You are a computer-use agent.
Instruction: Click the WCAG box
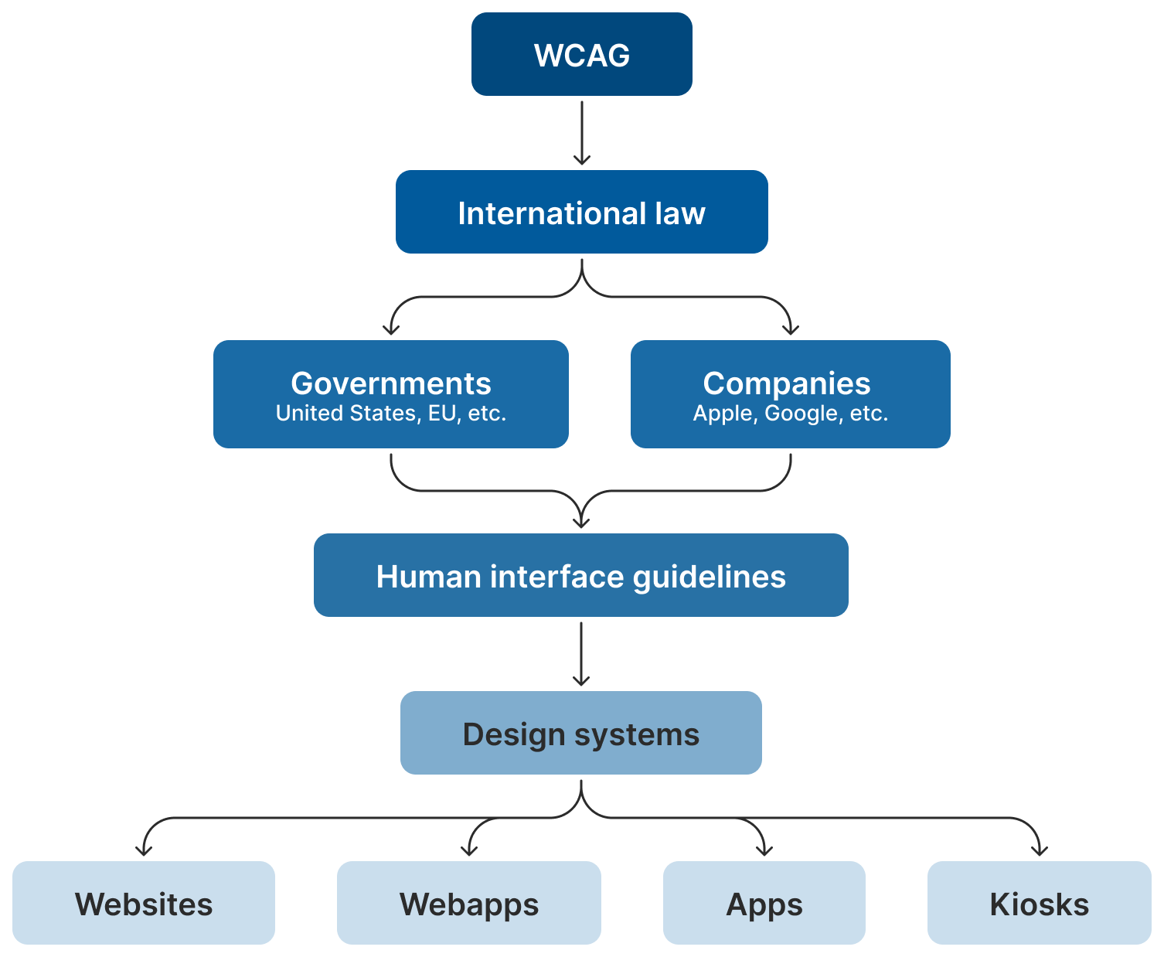[581, 55]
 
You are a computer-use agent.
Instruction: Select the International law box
[581, 213]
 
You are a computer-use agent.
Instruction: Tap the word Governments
[390, 383]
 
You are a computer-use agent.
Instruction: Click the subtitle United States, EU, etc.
[390, 414]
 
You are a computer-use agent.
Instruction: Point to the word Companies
[786, 383]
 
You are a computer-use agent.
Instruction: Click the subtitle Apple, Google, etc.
[790, 414]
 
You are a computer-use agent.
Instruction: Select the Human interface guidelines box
[580, 576]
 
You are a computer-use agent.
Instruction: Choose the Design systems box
[580, 734]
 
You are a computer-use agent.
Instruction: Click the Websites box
[144, 904]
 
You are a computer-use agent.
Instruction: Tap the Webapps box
[469, 904]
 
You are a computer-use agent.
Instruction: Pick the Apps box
[764, 904]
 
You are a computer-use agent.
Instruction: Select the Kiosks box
[1039, 904]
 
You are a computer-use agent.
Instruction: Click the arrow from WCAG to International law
[582, 131]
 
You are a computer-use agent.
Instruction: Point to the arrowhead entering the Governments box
[391, 329]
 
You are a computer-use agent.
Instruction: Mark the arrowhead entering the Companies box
[790, 329]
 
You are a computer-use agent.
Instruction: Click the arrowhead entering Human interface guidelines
[581, 522]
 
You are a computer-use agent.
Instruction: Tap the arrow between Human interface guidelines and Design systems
[581, 653]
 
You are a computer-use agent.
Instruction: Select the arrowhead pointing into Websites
[144, 850]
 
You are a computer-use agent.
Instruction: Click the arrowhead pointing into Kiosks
[1040, 850]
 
